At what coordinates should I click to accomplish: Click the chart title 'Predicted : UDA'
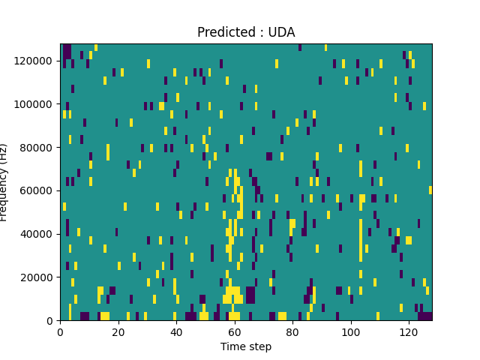(246, 32)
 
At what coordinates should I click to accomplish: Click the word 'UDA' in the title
(281, 32)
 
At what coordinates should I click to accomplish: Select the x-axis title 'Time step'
(246, 346)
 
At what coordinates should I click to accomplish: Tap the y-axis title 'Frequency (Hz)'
(4, 182)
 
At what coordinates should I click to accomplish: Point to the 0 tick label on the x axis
(61, 331)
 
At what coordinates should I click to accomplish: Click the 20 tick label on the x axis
(118, 331)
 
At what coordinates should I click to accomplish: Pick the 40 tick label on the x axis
(176, 331)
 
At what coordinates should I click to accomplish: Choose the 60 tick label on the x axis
(235, 331)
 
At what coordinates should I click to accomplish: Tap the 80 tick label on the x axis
(292, 331)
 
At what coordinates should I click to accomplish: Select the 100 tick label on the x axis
(350, 331)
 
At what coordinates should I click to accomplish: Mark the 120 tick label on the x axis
(409, 331)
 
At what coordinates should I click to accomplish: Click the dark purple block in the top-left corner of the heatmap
(67, 51)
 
